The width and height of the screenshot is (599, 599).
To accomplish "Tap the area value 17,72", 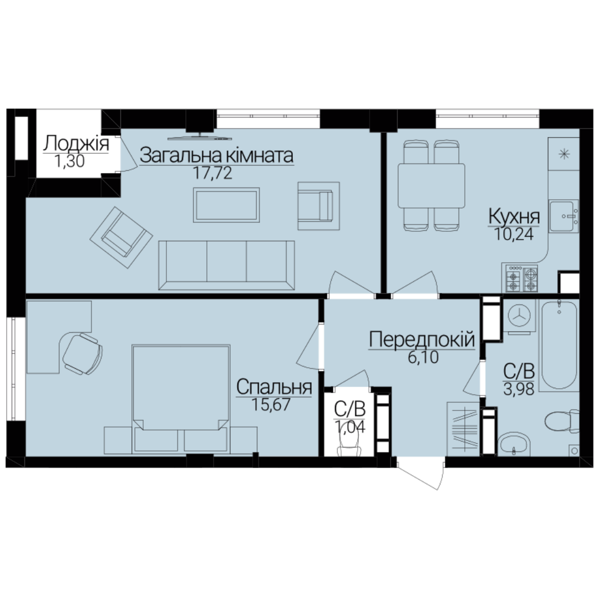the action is (212, 173).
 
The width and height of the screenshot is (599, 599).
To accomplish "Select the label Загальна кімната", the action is (217, 155).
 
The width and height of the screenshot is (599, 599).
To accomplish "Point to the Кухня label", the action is (514, 217).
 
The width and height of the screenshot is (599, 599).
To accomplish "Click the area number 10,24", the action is (514, 234).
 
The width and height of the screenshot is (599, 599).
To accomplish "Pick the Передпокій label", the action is (422, 339).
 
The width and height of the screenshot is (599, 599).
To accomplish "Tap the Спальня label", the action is (274, 387).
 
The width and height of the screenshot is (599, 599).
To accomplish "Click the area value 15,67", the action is (271, 404).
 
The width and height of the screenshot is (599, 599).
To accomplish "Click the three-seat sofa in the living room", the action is (226, 265).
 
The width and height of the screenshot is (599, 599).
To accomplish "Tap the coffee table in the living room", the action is (226, 205).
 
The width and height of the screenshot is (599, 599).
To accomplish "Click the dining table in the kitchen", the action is (432, 186).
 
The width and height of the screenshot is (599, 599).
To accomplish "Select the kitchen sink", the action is (564, 216).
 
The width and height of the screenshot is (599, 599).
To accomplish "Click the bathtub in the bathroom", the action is (559, 345).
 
